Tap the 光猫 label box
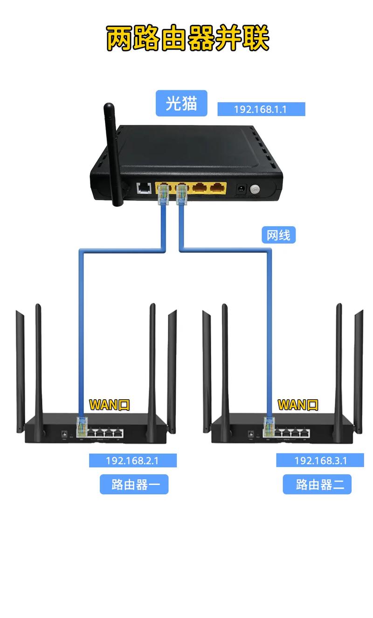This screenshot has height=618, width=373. tap(181, 103)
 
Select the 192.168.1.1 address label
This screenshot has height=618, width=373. tap(261, 110)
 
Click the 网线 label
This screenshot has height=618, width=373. tap(278, 235)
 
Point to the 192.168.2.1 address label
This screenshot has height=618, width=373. tap(132, 460)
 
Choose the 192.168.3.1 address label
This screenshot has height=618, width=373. tap(320, 460)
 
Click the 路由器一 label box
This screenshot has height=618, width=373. tap(134, 484)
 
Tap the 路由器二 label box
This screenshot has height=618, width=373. tap(317, 484)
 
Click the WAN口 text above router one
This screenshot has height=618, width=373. tap(109, 404)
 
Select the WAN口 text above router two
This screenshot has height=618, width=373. tap(297, 404)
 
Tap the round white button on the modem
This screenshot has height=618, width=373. tap(255, 189)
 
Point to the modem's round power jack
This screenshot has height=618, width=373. tap(242, 189)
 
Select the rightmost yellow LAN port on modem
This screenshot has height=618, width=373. tap(217, 188)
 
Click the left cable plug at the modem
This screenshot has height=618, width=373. tap(163, 195)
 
